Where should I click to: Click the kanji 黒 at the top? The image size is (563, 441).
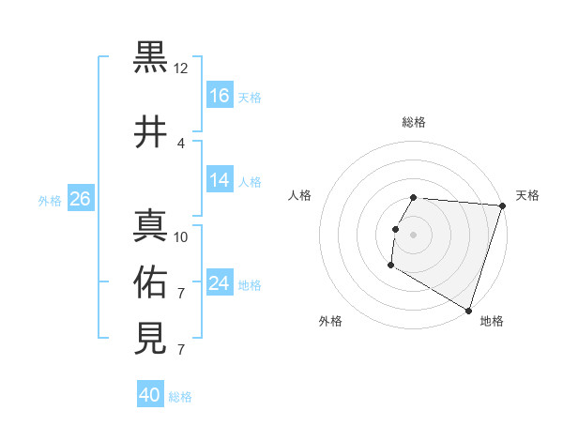151,60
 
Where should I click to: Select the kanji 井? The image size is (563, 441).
151,133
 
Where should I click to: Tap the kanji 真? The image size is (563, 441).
151,226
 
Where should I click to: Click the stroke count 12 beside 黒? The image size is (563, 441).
181,68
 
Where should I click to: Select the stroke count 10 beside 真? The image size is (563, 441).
181,236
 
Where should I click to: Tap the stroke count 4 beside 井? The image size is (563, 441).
181,144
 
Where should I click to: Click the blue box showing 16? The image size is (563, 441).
220,95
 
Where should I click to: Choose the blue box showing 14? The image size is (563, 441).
220,180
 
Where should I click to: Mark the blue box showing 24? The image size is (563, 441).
220,283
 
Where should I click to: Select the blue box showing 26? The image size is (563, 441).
80,199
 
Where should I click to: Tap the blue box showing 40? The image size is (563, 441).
150,395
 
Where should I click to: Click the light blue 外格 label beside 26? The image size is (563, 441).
50,200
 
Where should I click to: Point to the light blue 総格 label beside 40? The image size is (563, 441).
180,397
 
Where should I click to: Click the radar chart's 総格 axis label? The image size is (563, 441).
414,122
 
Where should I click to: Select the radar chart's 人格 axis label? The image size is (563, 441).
300,195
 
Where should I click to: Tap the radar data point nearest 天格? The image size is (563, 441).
502,206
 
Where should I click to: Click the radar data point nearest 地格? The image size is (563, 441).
467,310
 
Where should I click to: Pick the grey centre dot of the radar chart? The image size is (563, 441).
414,235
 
